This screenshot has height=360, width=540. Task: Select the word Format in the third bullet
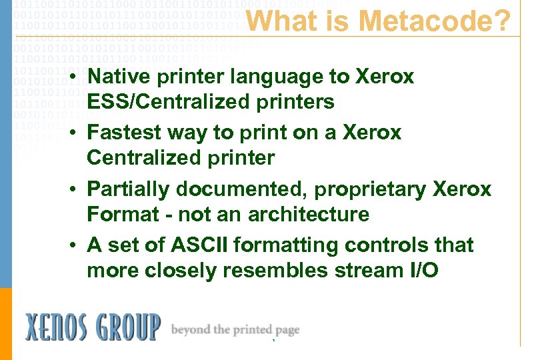pos(121,215)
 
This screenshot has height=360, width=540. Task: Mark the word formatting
pos(286,245)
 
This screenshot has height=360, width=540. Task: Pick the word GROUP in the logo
pos(127,328)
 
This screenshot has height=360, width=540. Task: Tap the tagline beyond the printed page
pos(235,329)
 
